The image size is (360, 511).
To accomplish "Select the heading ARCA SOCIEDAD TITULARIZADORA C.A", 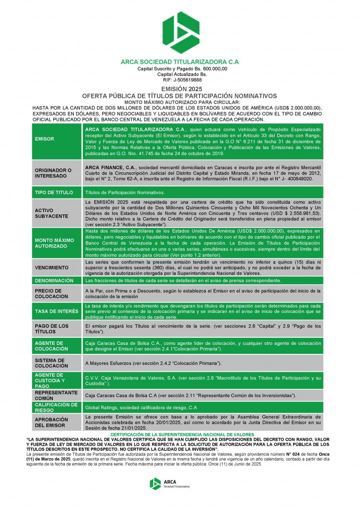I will coord(180,62).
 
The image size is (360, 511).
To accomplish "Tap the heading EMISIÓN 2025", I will coord(180,89).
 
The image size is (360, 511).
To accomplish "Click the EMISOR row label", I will coord(45,139).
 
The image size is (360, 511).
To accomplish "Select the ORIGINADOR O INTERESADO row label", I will coord(53,173).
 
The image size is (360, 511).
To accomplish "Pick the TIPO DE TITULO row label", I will coord(54,192).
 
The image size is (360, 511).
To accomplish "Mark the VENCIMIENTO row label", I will coord(52,267).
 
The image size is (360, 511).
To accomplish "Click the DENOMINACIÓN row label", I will coord(54,280).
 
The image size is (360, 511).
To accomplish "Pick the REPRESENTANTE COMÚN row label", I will coord(56,395).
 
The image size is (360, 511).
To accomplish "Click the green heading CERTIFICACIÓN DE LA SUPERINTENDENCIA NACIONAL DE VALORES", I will coord(180,435).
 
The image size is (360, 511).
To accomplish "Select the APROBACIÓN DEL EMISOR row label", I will coord(51,423).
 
